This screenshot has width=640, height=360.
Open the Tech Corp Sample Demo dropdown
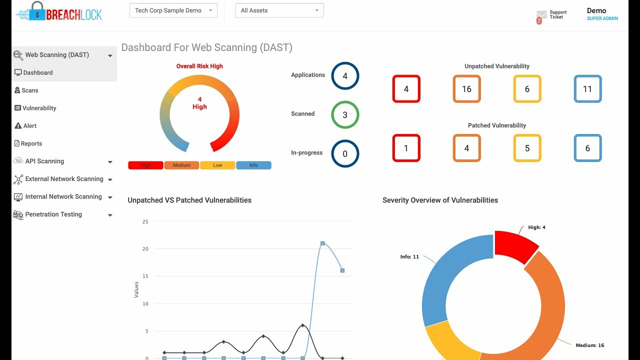(173, 10)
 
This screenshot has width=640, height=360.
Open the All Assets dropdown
(279, 10)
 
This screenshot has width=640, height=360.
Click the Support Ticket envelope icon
(541, 15)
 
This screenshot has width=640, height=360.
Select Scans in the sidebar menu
(30, 90)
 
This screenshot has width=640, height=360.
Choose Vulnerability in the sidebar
(39, 108)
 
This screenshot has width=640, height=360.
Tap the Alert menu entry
(29, 126)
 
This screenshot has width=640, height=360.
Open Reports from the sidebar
(31, 143)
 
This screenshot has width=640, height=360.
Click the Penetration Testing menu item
(53, 214)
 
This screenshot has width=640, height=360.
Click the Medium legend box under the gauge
(181, 165)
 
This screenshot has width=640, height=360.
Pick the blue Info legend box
(253, 165)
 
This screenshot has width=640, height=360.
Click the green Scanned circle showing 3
(345, 115)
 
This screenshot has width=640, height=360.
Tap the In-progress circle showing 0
(345, 154)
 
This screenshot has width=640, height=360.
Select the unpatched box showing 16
(466, 89)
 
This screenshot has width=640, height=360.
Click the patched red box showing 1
(406, 148)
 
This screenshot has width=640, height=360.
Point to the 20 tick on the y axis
(145, 248)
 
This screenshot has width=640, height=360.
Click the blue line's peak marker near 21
(322, 243)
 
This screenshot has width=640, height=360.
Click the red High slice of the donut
(515, 246)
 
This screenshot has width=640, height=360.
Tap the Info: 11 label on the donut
(409, 257)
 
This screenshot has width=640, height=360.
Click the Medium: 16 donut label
(590, 345)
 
